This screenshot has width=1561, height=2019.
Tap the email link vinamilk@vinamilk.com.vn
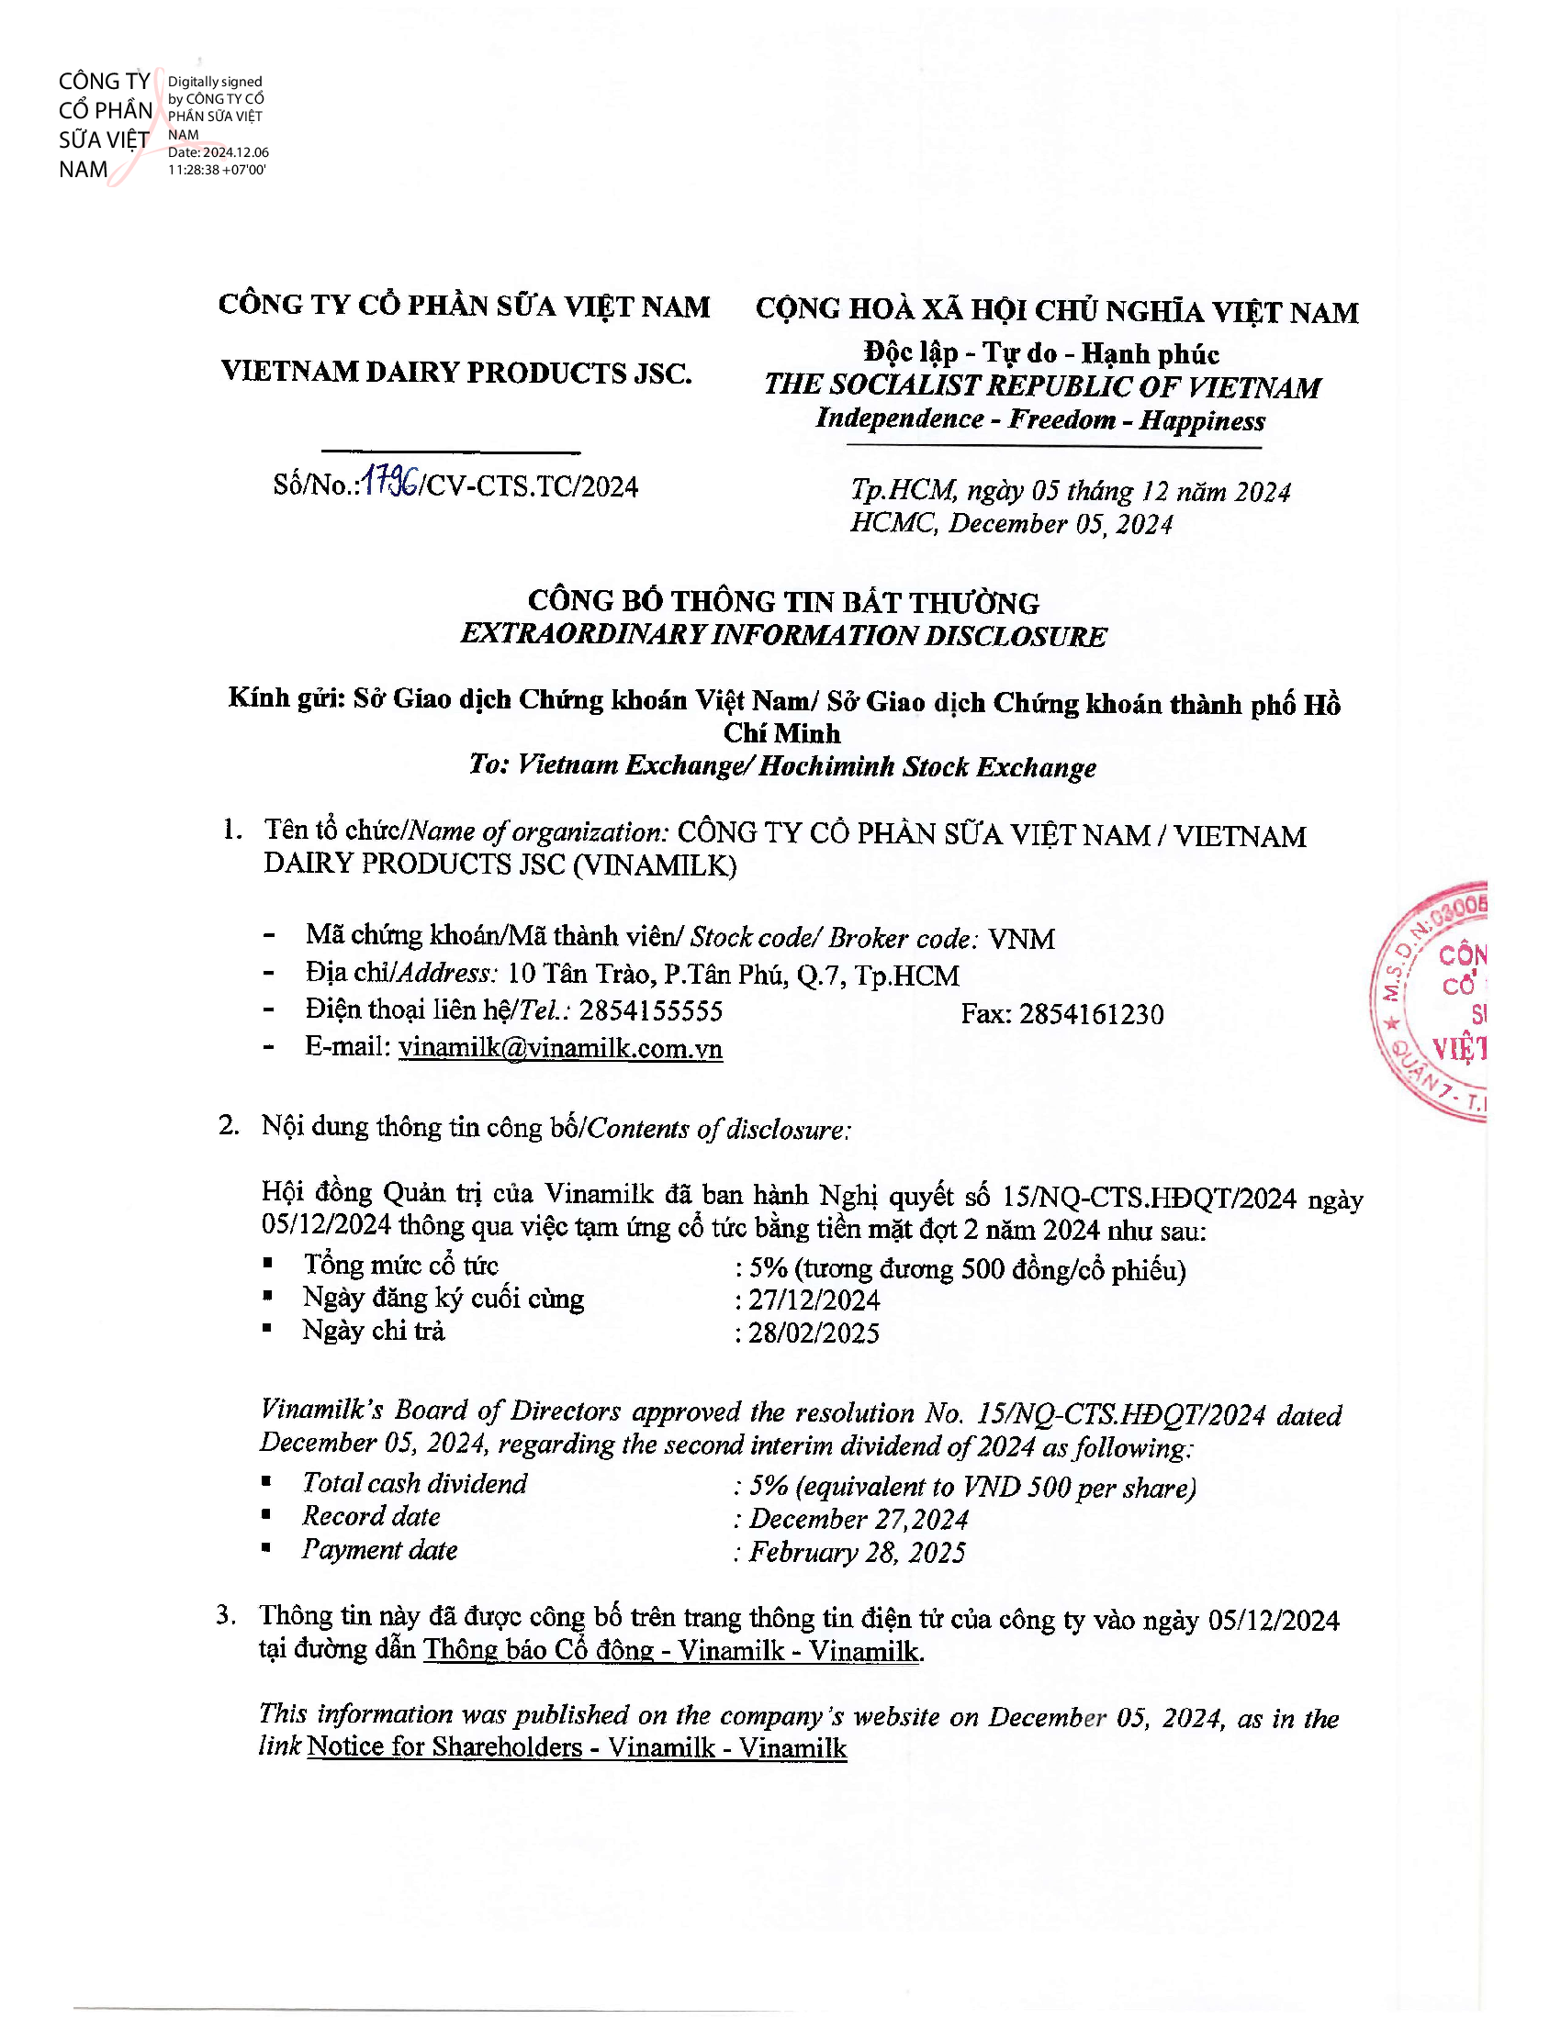[560, 1048]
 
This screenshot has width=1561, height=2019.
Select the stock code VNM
[1021, 939]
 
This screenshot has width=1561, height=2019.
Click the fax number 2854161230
[1091, 1014]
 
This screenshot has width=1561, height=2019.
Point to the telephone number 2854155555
[651, 1010]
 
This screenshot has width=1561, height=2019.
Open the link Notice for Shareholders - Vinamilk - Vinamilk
[577, 1746]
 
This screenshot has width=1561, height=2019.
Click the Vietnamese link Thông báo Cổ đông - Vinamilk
[672, 1650]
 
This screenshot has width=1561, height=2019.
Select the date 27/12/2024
[814, 1300]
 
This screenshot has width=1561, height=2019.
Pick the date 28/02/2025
[814, 1333]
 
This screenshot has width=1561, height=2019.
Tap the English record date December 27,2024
[859, 1519]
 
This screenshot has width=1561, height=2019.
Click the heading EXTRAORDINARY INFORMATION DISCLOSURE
[783, 636]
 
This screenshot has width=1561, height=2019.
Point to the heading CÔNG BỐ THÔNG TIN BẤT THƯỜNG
[783, 603]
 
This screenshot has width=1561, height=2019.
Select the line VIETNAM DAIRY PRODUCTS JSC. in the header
[457, 373]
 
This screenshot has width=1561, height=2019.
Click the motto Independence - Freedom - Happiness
[1040, 419]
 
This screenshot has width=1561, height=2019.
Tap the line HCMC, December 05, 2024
[1012, 524]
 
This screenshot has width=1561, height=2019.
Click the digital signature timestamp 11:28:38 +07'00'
[217, 170]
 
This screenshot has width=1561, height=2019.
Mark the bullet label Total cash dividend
[414, 1484]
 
